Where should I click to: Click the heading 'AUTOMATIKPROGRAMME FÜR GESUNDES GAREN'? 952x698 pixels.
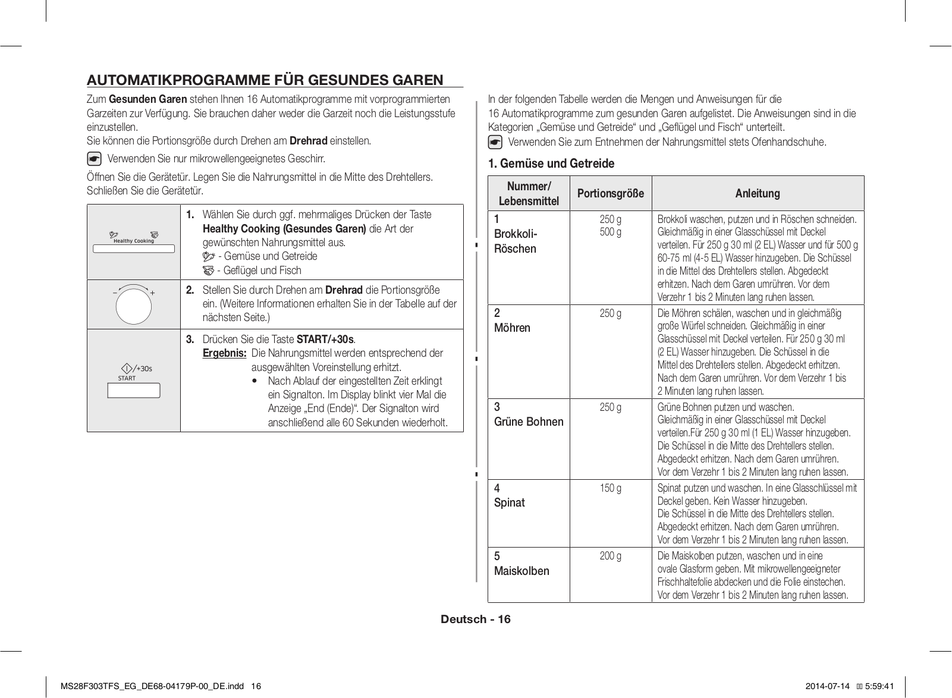pyautogui.click(x=265, y=80)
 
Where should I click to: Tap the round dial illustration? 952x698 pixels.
pyautogui.click(x=134, y=306)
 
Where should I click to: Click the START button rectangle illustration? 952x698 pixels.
pyautogui.click(x=134, y=391)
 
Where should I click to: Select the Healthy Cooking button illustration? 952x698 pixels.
pyautogui.click(x=134, y=249)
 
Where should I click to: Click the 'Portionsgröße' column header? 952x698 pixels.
pyautogui.click(x=610, y=193)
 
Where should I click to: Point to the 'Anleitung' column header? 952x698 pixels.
pyautogui.click(x=757, y=193)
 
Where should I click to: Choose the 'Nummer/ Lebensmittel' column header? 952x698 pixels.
pyautogui.click(x=529, y=193)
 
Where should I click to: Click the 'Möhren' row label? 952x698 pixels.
pyautogui.click(x=512, y=328)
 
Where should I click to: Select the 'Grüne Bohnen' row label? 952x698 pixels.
pyautogui.click(x=529, y=422)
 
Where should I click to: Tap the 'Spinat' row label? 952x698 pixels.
pyautogui.click(x=510, y=502)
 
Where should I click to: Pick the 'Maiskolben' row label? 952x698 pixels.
pyautogui.click(x=521, y=571)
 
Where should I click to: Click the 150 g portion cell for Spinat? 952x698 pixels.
pyautogui.click(x=610, y=488)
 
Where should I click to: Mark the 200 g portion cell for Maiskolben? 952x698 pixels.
pyautogui.click(x=610, y=556)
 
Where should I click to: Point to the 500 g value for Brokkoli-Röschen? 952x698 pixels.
pyautogui.click(x=610, y=232)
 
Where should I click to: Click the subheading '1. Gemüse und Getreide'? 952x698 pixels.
pyautogui.click(x=551, y=164)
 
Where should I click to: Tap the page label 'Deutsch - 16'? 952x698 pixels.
pyautogui.click(x=476, y=619)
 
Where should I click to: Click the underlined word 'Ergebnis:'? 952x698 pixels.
pyautogui.click(x=224, y=353)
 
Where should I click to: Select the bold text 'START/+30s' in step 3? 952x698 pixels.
pyautogui.click(x=325, y=339)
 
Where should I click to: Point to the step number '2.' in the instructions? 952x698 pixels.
pyautogui.click(x=190, y=290)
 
